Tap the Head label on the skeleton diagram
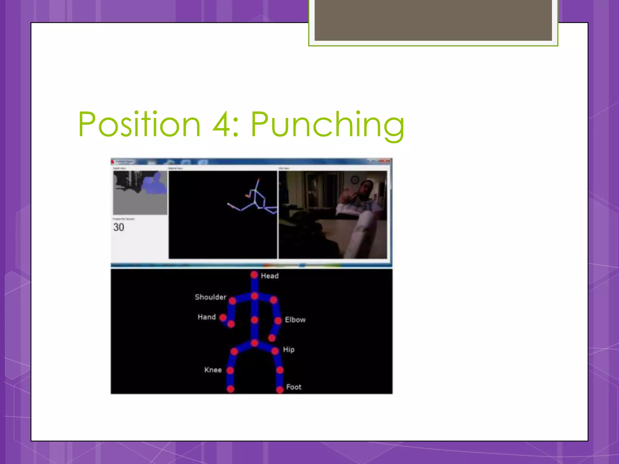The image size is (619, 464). (x=270, y=276)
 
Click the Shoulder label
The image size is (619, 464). (x=210, y=297)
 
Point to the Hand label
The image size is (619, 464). (x=207, y=317)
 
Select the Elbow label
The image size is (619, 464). (x=295, y=320)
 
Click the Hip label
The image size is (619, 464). (x=289, y=350)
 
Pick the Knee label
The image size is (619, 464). (x=213, y=370)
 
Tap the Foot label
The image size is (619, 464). (x=293, y=387)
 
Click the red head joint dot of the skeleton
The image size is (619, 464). (x=254, y=275)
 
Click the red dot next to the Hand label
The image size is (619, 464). (x=223, y=317)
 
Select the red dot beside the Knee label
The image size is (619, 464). (x=230, y=370)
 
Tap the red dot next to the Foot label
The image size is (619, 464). (x=280, y=390)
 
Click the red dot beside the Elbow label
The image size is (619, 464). (x=278, y=320)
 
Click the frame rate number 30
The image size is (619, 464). (x=119, y=227)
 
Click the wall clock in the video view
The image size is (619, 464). (x=355, y=180)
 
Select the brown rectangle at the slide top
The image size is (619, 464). (x=433, y=20)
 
